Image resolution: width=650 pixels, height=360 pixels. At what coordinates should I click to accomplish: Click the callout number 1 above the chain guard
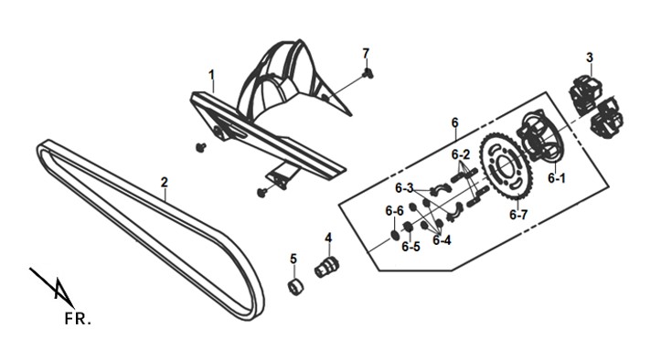tap(212, 76)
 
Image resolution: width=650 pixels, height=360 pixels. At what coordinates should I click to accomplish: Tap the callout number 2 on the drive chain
tap(165, 182)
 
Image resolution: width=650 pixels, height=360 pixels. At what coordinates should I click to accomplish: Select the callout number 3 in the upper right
tap(590, 58)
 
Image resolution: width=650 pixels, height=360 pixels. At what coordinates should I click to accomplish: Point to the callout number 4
tap(328, 238)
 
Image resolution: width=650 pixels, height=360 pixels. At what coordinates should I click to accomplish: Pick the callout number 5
tap(293, 259)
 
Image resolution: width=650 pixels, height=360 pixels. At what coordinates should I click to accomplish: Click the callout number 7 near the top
tap(366, 53)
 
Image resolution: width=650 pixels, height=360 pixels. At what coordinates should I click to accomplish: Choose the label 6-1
tap(557, 178)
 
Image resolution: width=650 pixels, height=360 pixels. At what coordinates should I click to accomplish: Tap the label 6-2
tap(461, 155)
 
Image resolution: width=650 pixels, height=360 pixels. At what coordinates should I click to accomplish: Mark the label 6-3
tap(404, 188)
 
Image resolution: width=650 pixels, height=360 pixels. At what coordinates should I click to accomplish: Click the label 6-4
tap(442, 240)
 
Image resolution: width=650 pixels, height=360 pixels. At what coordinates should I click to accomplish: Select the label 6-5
tap(410, 247)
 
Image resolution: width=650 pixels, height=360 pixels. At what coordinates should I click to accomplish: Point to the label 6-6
tap(394, 211)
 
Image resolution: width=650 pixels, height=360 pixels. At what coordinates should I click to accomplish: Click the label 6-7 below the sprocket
tap(518, 215)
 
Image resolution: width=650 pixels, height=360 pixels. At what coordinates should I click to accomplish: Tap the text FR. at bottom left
tap(78, 319)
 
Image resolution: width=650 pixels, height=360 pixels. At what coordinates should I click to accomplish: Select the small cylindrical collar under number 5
tap(294, 287)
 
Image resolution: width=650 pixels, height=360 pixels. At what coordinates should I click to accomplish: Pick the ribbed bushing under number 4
tap(326, 267)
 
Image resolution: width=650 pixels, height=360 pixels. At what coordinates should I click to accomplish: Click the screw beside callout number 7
tap(368, 74)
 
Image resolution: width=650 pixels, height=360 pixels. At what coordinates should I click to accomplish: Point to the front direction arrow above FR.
tap(52, 288)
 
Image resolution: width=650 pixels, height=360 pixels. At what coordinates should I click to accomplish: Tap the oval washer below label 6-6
tap(395, 235)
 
